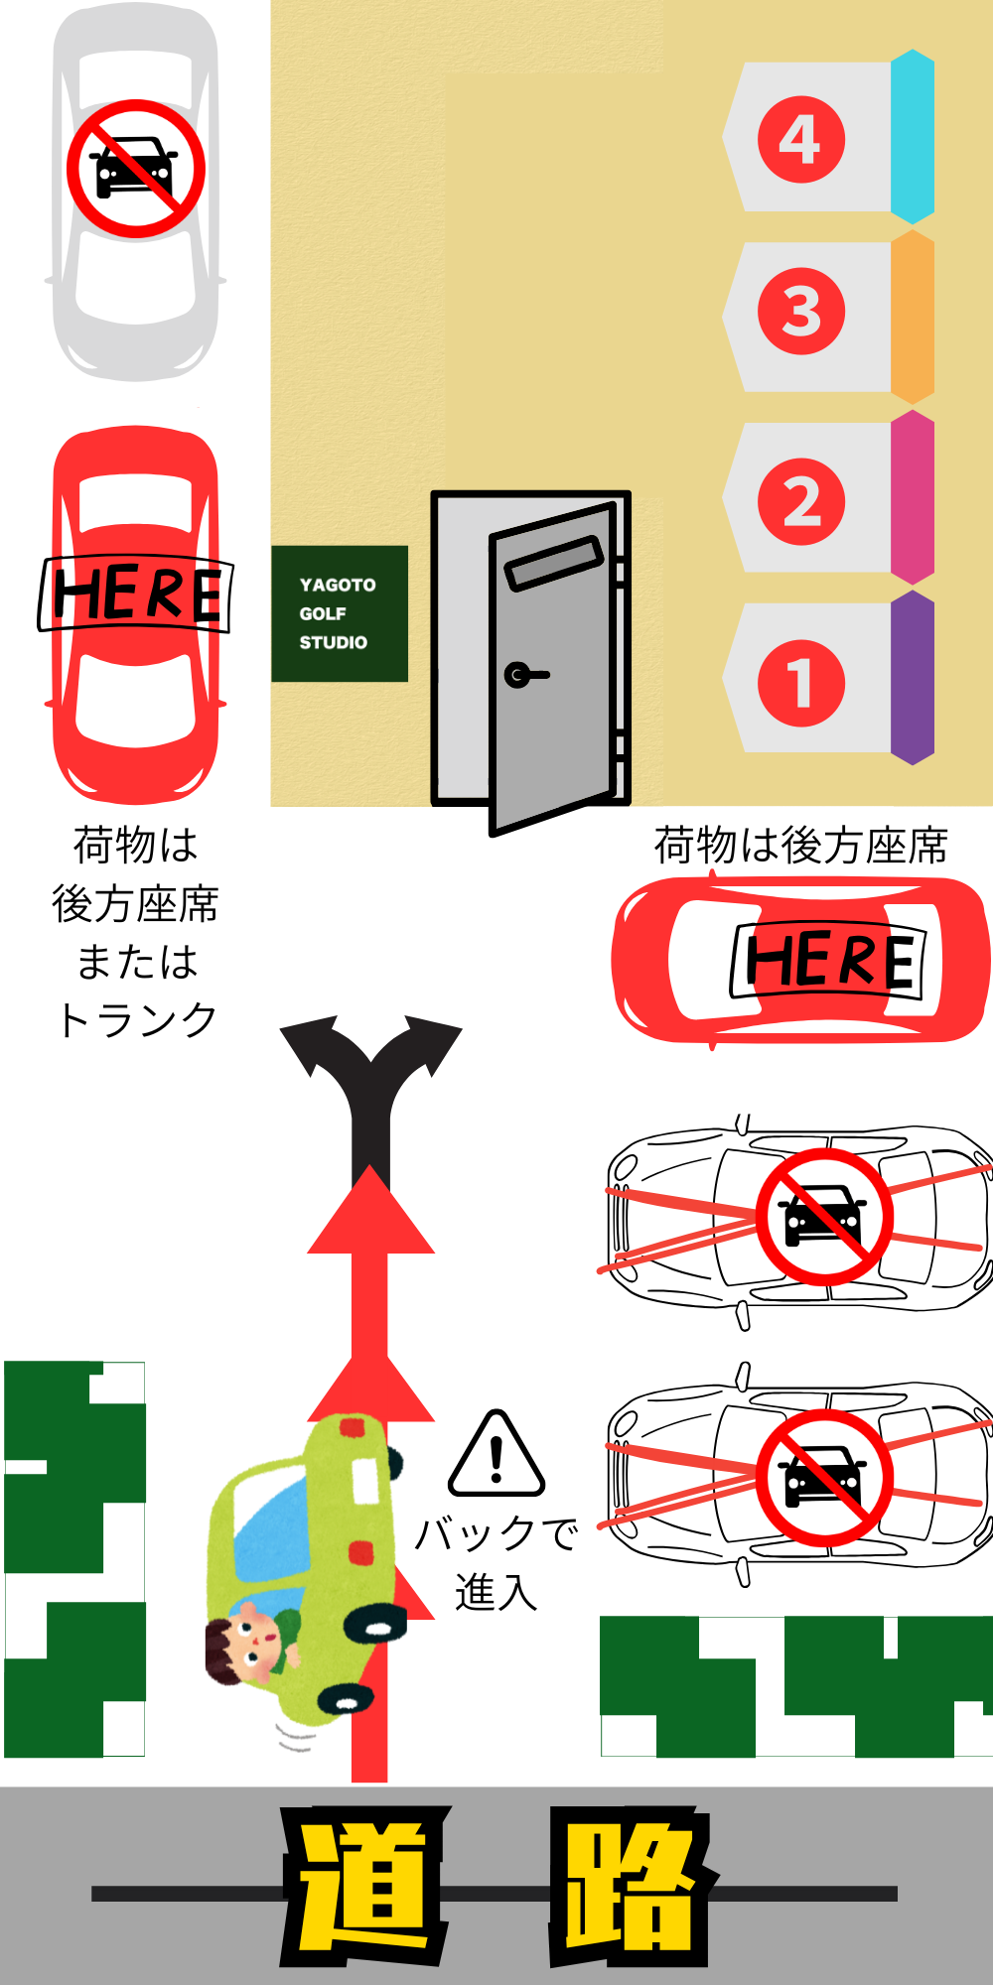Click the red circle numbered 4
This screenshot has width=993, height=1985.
point(801,139)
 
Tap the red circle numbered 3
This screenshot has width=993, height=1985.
point(801,312)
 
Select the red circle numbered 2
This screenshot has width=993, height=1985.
point(801,501)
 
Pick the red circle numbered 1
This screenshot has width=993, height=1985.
point(801,683)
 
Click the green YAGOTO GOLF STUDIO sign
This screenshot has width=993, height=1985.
point(339,613)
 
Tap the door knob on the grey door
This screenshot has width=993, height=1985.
point(519,675)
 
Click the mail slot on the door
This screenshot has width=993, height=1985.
point(554,563)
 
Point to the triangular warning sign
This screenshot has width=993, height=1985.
point(496,1456)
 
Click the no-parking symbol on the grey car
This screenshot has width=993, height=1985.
point(136,168)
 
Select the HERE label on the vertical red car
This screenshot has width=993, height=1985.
point(135,594)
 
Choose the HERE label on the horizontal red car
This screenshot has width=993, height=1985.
point(828,960)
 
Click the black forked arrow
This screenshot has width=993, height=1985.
point(371,1092)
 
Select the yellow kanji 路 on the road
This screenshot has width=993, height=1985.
point(630,1886)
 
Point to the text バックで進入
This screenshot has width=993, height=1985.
point(496,1561)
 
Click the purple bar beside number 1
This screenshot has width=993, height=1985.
point(913,678)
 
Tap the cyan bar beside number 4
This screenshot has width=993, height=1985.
point(913,137)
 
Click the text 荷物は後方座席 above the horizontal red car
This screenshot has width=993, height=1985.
point(800,846)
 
